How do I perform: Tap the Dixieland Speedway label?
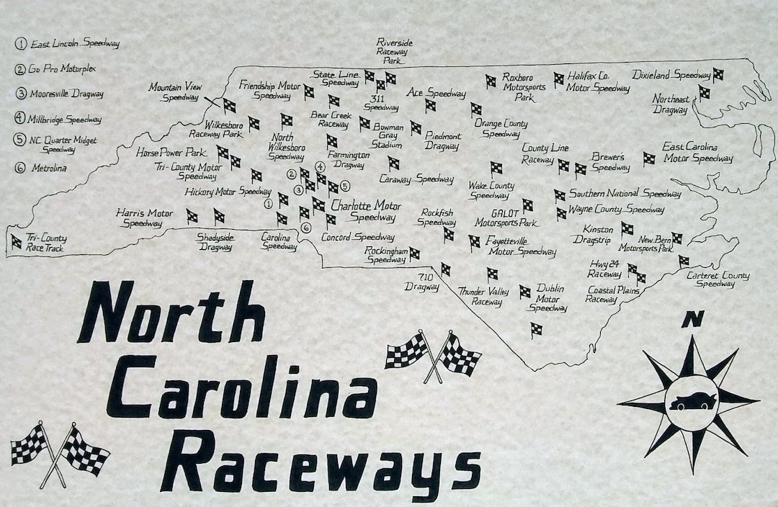pyautogui.click(x=671, y=75)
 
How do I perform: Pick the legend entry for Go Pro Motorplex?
pyautogui.click(x=61, y=69)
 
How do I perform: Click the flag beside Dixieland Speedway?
pyautogui.click(x=718, y=74)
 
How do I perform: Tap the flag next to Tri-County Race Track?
pyautogui.click(x=15, y=242)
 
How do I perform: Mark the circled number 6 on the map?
pyautogui.click(x=306, y=228)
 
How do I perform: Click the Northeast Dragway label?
pyautogui.click(x=671, y=104)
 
